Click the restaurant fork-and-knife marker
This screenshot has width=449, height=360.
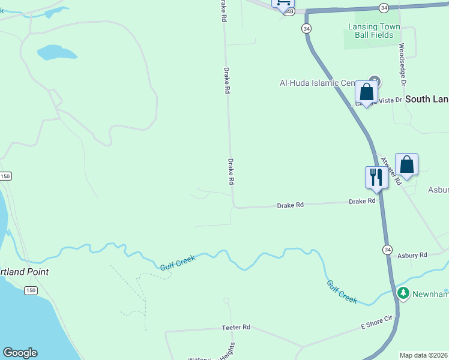[376, 178]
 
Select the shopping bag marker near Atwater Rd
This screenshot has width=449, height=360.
[406, 164]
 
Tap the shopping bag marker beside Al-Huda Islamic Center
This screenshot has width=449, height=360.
[366, 92]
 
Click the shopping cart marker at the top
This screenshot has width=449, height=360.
[283, 3]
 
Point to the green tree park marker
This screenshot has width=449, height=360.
[403, 293]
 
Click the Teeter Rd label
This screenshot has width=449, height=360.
[235, 328]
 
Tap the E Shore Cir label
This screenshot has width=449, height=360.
[376, 324]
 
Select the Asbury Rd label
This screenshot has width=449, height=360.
[412, 255]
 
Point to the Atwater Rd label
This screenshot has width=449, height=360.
[390, 171]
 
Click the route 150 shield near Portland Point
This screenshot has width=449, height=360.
[31, 290]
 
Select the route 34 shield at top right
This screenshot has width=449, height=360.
[384, 7]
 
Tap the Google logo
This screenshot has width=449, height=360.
[20, 353]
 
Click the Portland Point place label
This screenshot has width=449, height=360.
[24, 272]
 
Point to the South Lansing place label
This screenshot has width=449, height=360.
[427, 99]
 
